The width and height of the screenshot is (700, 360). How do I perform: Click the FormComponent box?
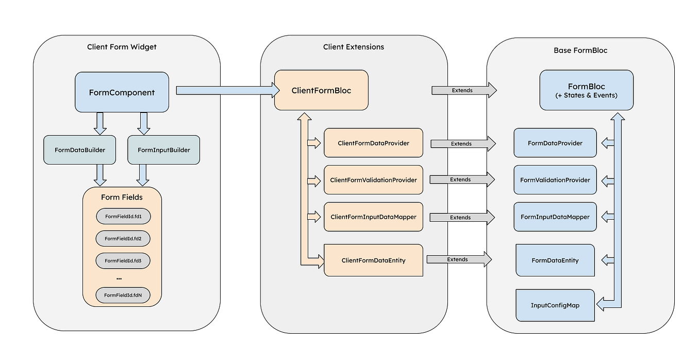coord(122,92)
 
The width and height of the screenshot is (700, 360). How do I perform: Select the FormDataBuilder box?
coord(79,150)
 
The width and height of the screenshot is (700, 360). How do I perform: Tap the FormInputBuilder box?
coord(163,150)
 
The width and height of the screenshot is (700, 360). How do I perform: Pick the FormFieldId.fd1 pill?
coord(123,217)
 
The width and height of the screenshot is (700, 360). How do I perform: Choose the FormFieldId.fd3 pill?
coord(123,261)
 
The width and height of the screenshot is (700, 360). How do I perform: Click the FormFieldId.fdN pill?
coord(123,295)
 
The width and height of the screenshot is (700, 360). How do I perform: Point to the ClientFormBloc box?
coord(321,90)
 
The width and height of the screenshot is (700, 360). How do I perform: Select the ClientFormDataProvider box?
coord(373,143)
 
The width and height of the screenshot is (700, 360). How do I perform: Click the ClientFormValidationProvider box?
coord(373,180)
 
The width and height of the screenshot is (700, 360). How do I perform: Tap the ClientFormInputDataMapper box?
coord(373,217)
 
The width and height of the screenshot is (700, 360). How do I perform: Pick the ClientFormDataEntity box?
coord(373,260)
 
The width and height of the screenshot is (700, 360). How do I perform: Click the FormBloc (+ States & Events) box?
coord(586,90)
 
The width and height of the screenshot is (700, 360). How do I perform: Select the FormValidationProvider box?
coord(555,180)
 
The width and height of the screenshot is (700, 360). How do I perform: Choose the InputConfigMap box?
coord(555,305)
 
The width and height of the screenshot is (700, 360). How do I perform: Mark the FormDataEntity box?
coord(555,260)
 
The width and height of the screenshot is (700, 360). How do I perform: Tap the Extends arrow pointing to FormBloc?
coord(463,90)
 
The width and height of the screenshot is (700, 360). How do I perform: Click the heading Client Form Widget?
coord(122,47)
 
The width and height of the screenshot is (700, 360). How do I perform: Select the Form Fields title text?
coord(122,198)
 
